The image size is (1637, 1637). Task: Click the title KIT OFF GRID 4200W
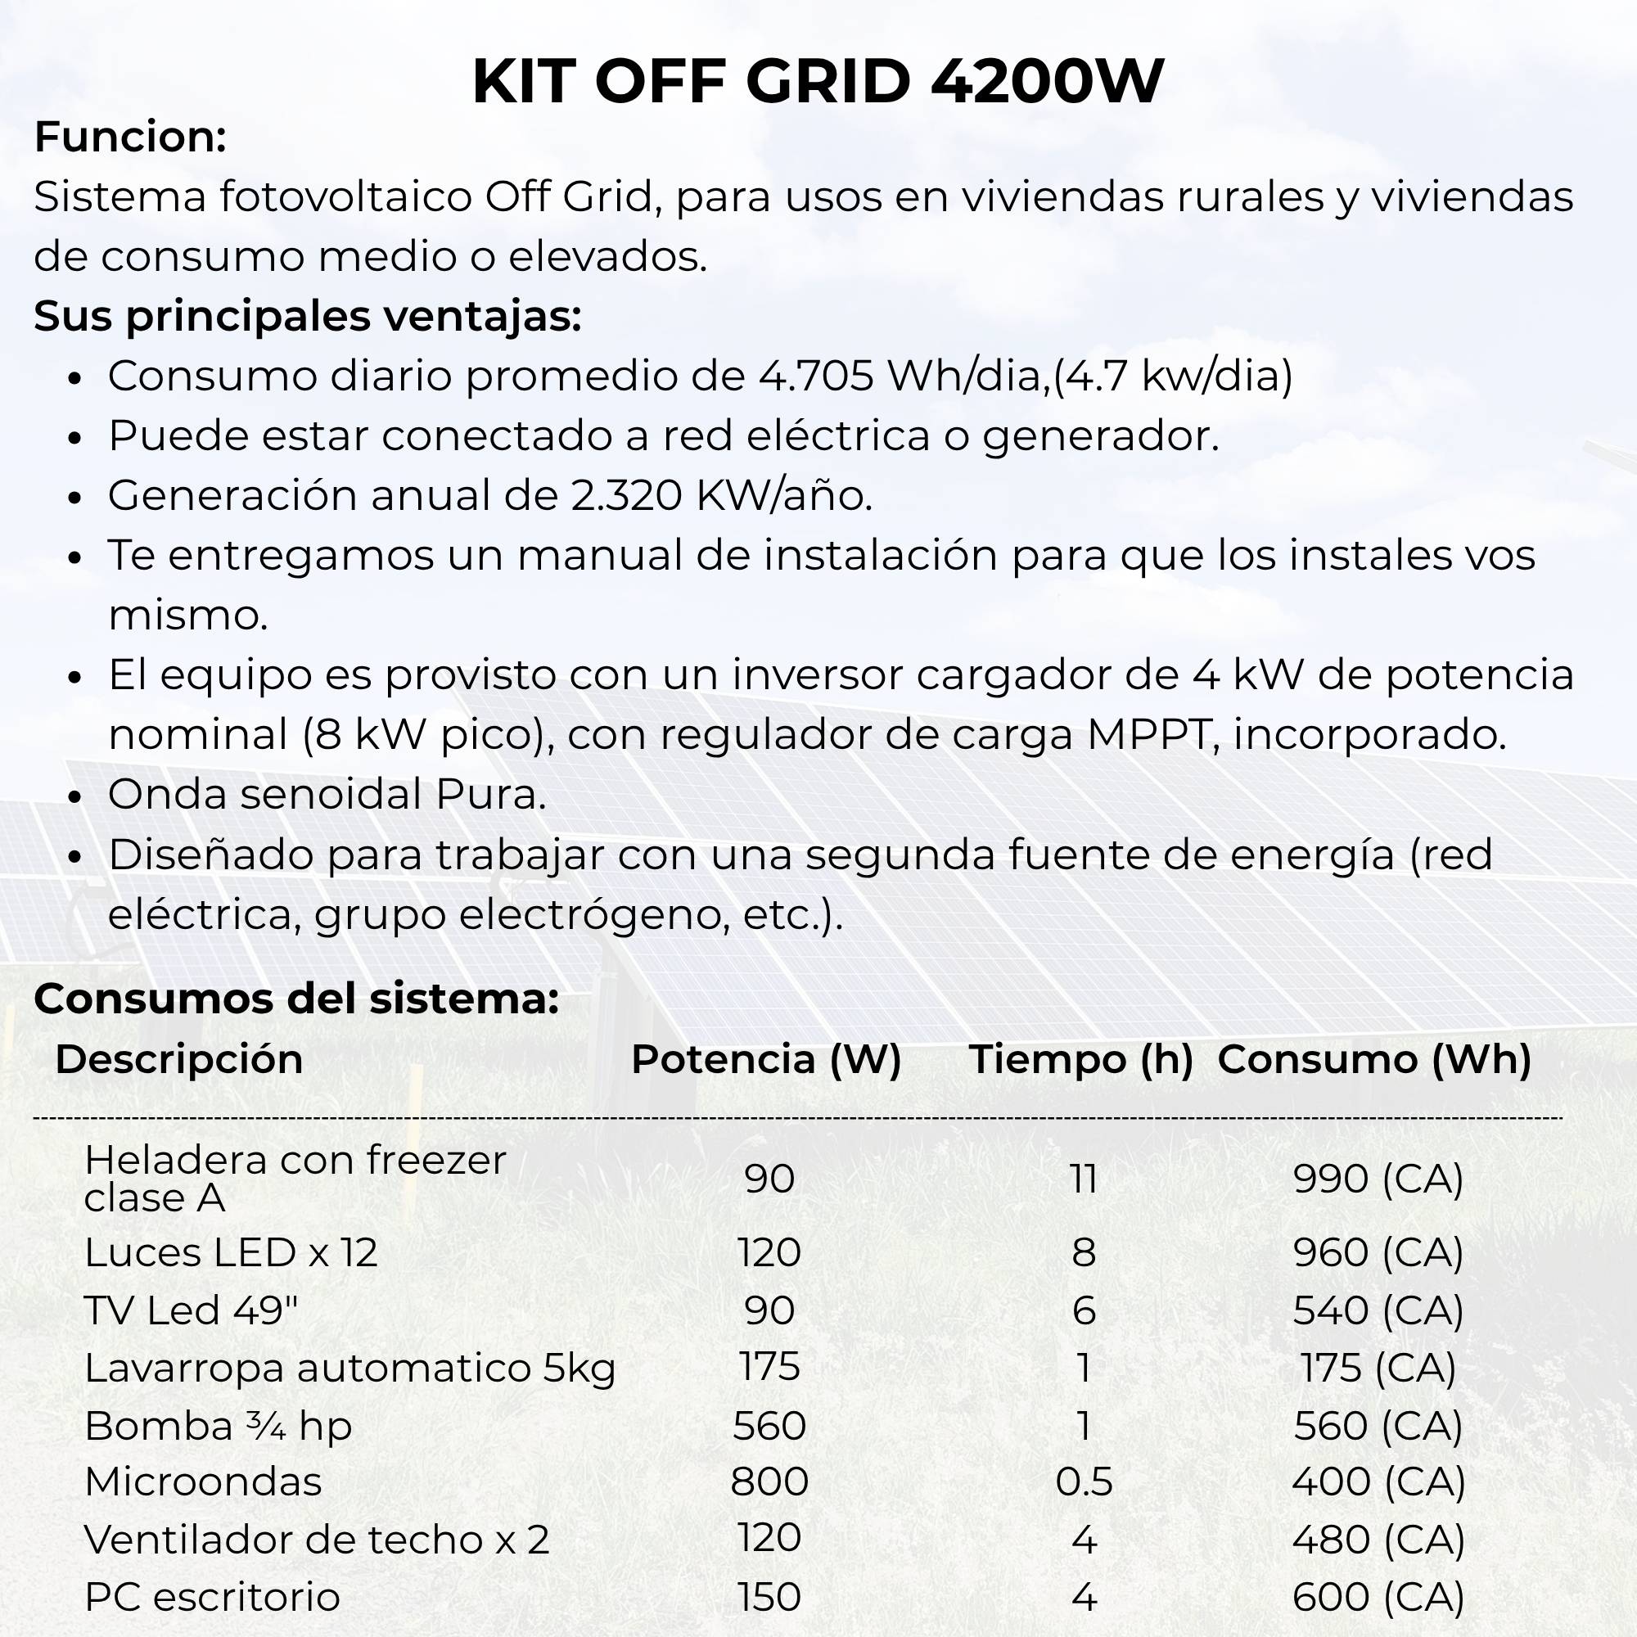pyautogui.click(x=818, y=82)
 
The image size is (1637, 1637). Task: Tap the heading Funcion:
pyautogui.click(x=130, y=138)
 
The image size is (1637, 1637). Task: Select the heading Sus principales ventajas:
pyautogui.click(x=308, y=316)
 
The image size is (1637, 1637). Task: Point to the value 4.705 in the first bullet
pyautogui.click(x=816, y=377)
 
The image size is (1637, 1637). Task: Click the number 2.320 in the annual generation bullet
pyautogui.click(x=626, y=496)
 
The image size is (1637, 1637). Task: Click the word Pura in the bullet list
pyautogui.click(x=490, y=795)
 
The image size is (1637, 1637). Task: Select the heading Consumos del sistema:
pyautogui.click(x=296, y=999)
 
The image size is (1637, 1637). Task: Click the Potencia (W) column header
pyautogui.click(x=766, y=1059)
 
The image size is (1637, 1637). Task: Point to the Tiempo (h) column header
pyautogui.click(x=1081, y=1059)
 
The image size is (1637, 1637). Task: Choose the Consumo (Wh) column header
pyautogui.click(x=1374, y=1059)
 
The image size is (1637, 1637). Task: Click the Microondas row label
pyautogui.click(x=203, y=1482)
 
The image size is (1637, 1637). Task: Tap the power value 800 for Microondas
pyautogui.click(x=769, y=1482)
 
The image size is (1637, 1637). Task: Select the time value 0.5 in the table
pyautogui.click(x=1084, y=1482)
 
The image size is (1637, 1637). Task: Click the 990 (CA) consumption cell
pyautogui.click(x=1378, y=1179)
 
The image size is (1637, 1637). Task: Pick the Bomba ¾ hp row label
pyautogui.click(x=218, y=1426)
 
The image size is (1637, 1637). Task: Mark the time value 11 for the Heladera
pyautogui.click(x=1084, y=1179)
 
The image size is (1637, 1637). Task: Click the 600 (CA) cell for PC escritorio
pyautogui.click(x=1378, y=1597)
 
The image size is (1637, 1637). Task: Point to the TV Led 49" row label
pyautogui.click(x=192, y=1310)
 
